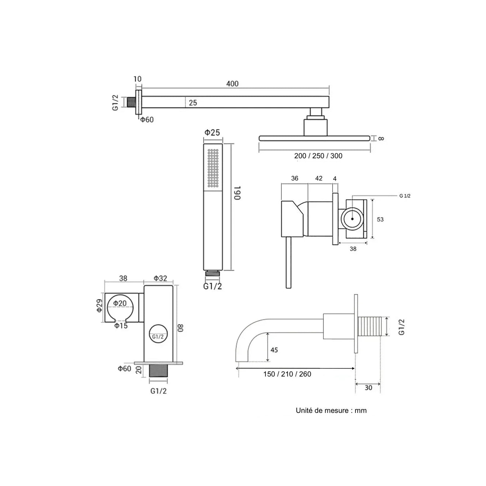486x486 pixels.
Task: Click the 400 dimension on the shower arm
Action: [x=232, y=84]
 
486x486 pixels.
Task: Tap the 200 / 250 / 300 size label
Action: [x=318, y=156]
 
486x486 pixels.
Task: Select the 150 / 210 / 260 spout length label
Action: [x=287, y=374]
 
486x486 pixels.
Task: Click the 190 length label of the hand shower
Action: [x=237, y=193]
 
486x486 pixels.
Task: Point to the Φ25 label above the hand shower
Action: [x=212, y=132]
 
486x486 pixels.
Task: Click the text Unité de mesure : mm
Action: [x=331, y=410]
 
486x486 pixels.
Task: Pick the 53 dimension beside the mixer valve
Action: [x=380, y=219]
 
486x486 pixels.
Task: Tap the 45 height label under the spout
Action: [x=274, y=350]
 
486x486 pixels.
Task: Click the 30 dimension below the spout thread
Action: [x=368, y=388]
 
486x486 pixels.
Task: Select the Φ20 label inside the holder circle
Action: [x=120, y=303]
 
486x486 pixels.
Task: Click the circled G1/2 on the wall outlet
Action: [x=158, y=336]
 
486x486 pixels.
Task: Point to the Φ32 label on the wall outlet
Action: [x=160, y=278]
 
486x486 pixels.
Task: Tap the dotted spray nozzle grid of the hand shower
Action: [x=213, y=168]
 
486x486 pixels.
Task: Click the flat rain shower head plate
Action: [x=314, y=138]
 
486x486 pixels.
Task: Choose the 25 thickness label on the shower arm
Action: [x=193, y=103]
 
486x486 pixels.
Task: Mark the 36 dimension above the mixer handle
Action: [x=295, y=178]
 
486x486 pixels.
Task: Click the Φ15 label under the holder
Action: [x=121, y=326]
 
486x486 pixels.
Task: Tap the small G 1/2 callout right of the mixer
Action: [x=405, y=196]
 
